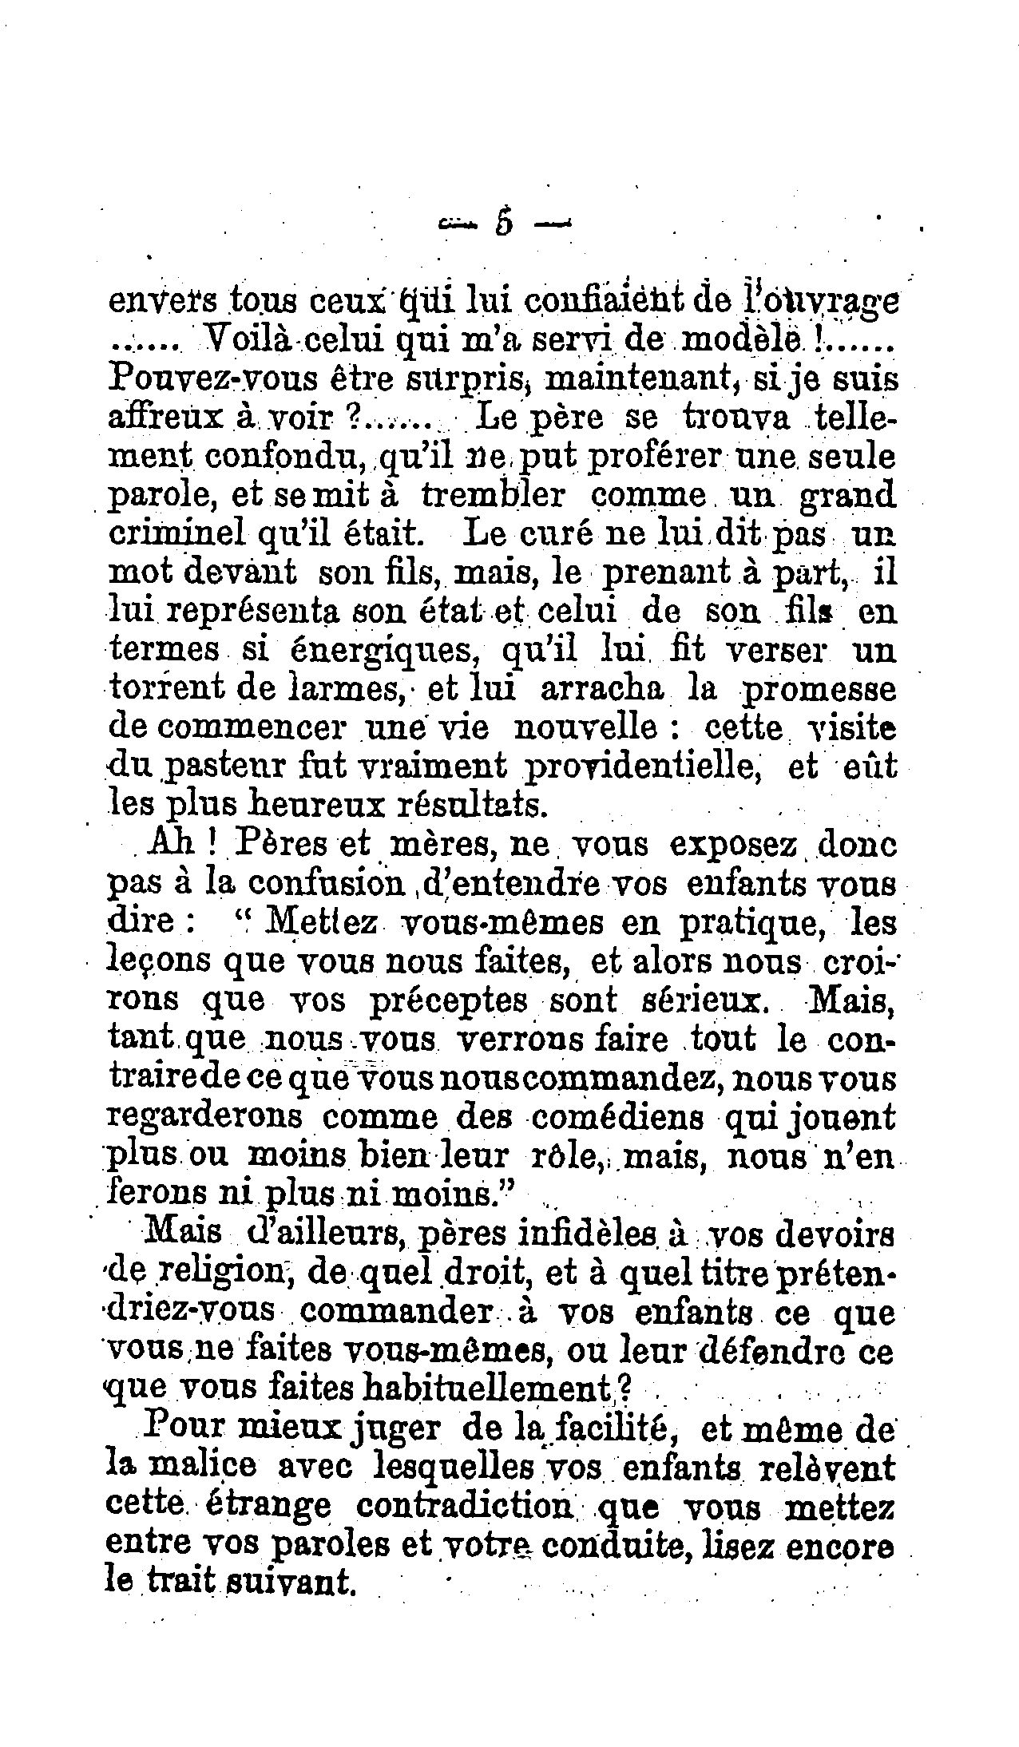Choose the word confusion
324,884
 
